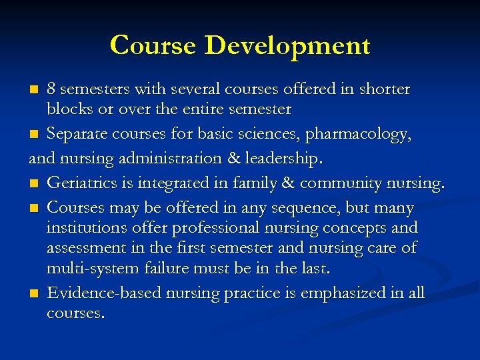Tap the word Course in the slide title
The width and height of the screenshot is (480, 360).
(x=154, y=45)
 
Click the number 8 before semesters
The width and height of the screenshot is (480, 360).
(x=51, y=89)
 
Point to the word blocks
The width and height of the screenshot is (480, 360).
(x=67, y=108)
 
